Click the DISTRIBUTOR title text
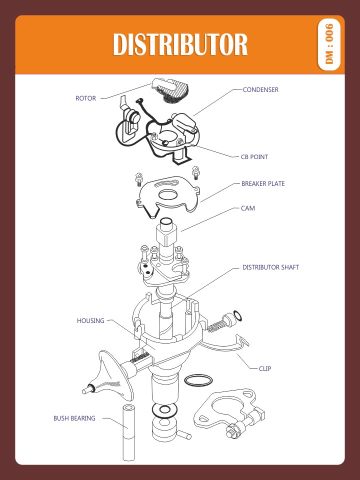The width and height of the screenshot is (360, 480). pos(180,45)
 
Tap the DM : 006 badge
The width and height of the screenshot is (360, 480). pos(329,44)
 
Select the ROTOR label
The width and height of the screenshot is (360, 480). pos(85,98)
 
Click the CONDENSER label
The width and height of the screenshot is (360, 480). pos(260,90)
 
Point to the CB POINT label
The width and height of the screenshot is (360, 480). pos(254,157)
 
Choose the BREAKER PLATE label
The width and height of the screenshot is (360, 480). pos(263,184)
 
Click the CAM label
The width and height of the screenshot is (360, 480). pos(247,208)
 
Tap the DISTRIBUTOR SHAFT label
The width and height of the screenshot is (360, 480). pos(270,267)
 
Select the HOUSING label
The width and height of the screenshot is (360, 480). pos(90,321)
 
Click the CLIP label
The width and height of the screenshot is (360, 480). pos(265,369)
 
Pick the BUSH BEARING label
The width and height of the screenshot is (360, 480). pos(74,418)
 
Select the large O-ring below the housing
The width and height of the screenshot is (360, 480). pos(197,380)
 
